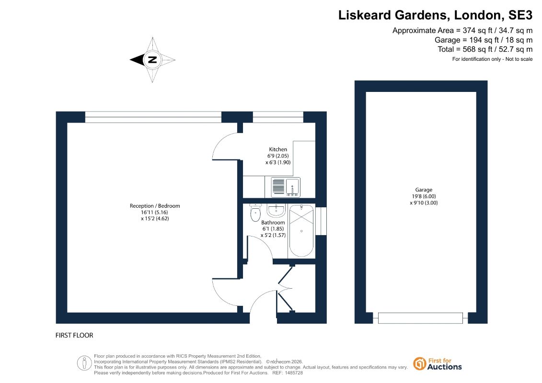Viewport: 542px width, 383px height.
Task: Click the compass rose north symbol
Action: point(152,60)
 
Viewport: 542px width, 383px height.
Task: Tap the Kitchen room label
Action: point(278,149)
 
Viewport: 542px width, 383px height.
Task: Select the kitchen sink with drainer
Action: point(286,187)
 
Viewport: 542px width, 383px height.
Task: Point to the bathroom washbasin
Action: point(276,210)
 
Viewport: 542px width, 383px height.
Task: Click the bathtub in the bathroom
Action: point(301,231)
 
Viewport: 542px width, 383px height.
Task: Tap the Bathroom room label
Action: point(273,223)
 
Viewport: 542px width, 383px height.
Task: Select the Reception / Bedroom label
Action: point(155,206)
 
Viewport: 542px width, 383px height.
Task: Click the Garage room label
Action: point(424,190)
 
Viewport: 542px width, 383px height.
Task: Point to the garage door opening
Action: point(420,318)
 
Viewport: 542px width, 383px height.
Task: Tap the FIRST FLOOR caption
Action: point(74,335)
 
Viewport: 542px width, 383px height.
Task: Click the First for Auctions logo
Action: point(438,364)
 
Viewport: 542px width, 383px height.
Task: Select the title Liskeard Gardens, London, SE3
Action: point(435,15)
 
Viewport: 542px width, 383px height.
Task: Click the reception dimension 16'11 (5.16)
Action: point(154,212)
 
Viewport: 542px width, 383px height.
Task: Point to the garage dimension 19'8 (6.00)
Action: point(424,196)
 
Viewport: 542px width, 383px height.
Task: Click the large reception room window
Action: point(153,117)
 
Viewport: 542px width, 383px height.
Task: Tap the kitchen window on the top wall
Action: point(278,117)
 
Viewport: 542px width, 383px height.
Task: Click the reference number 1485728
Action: point(293,373)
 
